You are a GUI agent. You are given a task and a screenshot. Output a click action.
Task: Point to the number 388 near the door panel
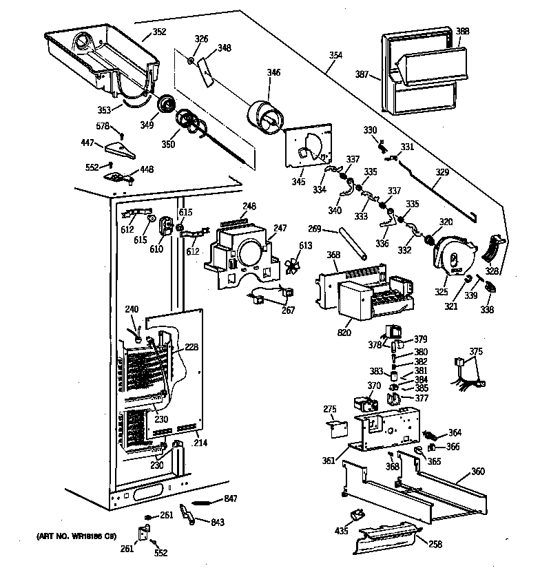pos(463,30)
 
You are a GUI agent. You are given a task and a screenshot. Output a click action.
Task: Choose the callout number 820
pos(344,333)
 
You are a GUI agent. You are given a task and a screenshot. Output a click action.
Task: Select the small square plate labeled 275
pos(336,430)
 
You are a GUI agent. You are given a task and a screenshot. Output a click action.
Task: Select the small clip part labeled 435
pos(357,514)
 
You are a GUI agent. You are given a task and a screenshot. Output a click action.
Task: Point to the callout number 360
pos(477,472)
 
